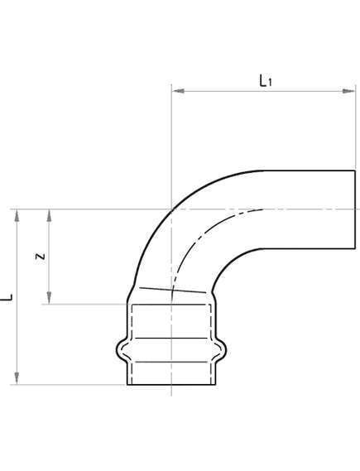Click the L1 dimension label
(264, 80)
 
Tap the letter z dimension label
(40, 256)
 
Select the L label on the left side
(9, 296)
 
